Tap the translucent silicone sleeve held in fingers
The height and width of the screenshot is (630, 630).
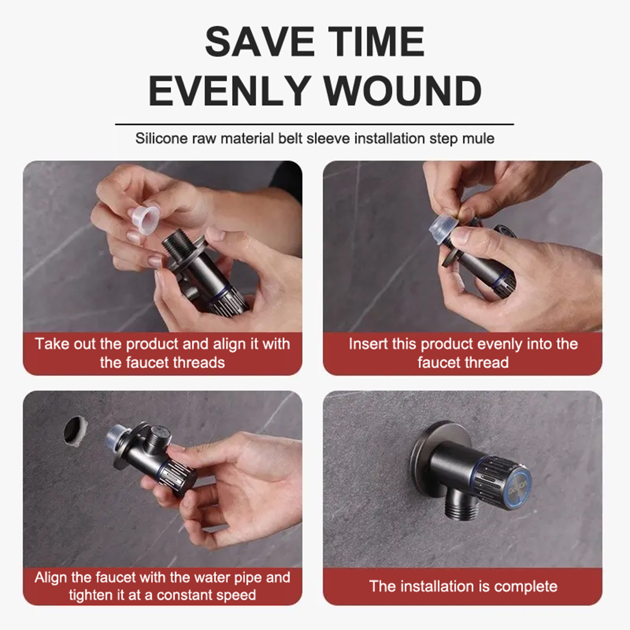coord(144,220)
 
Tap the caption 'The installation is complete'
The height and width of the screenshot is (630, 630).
coord(463,586)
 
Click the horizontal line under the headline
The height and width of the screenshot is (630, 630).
coord(314,124)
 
